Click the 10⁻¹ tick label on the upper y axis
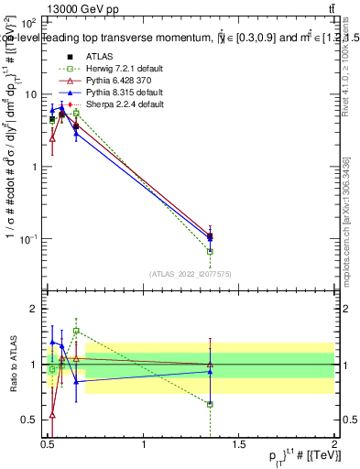pyautogui.click(x=30, y=238)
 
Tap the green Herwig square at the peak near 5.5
pyautogui.click(x=76, y=113)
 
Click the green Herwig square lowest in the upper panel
pyautogui.click(x=211, y=251)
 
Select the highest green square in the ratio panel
pyautogui.click(x=76, y=331)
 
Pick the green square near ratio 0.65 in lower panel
pyautogui.click(x=211, y=404)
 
